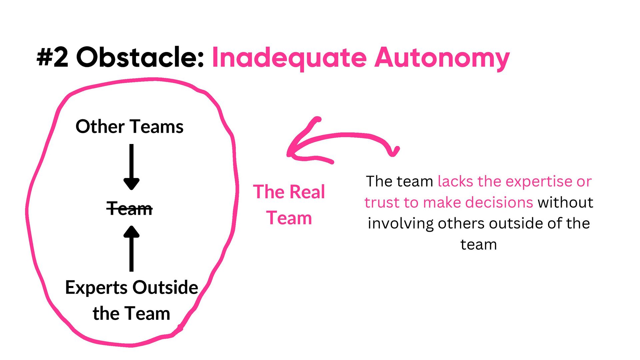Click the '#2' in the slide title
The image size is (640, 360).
(x=53, y=57)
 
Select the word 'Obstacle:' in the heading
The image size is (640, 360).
(x=140, y=57)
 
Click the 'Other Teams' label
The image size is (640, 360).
(x=129, y=127)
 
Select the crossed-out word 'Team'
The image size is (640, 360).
(x=129, y=209)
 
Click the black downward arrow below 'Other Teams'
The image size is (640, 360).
(x=131, y=167)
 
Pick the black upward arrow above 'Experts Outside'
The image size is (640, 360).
(x=131, y=248)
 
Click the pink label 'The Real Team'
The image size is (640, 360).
(x=289, y=205)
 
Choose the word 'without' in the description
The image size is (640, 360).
(x=565, y=202)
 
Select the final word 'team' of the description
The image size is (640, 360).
(x=478, y=245)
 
